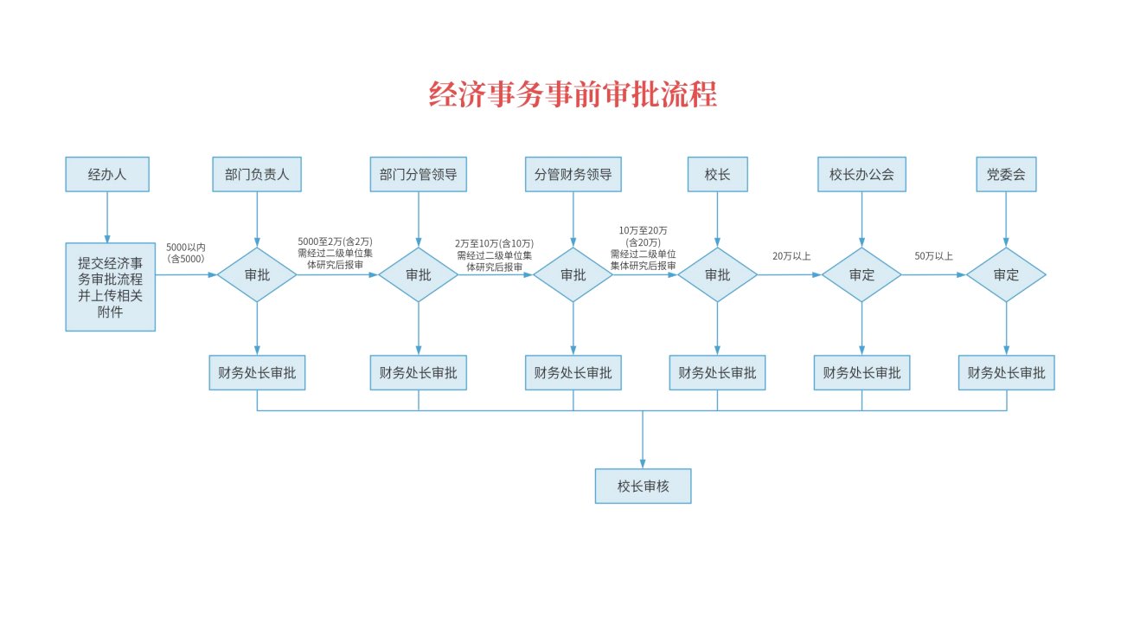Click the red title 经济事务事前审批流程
tap(573, 93)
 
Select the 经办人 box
tap(107, 174)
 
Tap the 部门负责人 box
tap(257, 174)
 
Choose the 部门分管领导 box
tap(419, 174)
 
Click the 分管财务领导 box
tap(573, 174)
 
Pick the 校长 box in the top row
tap(717, 174)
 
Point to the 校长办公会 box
tap(862, 174)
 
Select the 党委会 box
tap(1006, 174)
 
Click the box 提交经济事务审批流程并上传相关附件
tap(110, 287)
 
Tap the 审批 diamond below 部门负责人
tap(257, 275)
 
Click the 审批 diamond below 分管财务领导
tap(573, 275)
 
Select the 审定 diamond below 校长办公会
tap(862, 275)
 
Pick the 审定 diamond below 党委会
tap(1006, 275)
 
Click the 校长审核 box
tap(643, 486)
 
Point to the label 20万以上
tap(791, 256)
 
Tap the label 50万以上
tap(933, 256)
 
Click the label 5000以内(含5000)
tap(185, 253)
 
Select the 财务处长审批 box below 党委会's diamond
tap(1006, 373)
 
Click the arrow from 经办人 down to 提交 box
tap(107, 216)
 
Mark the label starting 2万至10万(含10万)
tap(495, 255)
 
